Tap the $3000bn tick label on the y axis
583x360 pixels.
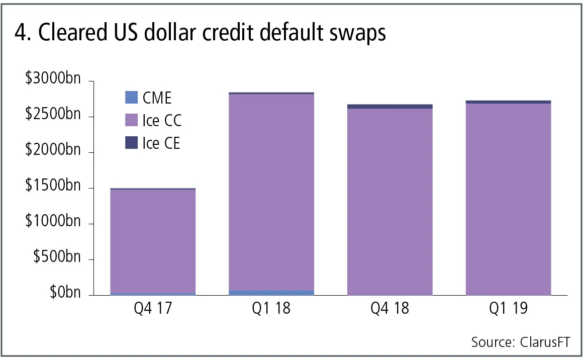[53, 80]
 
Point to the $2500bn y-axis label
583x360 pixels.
[53, 116]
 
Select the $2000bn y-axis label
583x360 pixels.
[53, 151]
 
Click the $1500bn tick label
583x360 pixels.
[53, 187]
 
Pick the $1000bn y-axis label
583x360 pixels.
[53, 223]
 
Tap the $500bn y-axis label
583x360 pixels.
[56, 258]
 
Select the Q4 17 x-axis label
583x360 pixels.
[153, 308]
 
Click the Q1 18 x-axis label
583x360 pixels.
[271, 308]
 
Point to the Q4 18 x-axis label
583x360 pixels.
[390, 308]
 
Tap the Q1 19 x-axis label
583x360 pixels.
[509, 308]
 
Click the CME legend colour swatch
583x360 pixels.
[131, 98]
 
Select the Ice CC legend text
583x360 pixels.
[162, 121]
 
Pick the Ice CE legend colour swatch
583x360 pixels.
[131, 143]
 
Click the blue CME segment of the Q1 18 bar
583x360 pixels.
[271, 293]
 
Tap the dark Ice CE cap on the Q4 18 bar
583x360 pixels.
[390, 107]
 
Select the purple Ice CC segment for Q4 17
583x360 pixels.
[153, 241]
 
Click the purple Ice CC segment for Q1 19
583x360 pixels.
[509, 201]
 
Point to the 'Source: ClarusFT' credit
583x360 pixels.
[521, 342]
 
